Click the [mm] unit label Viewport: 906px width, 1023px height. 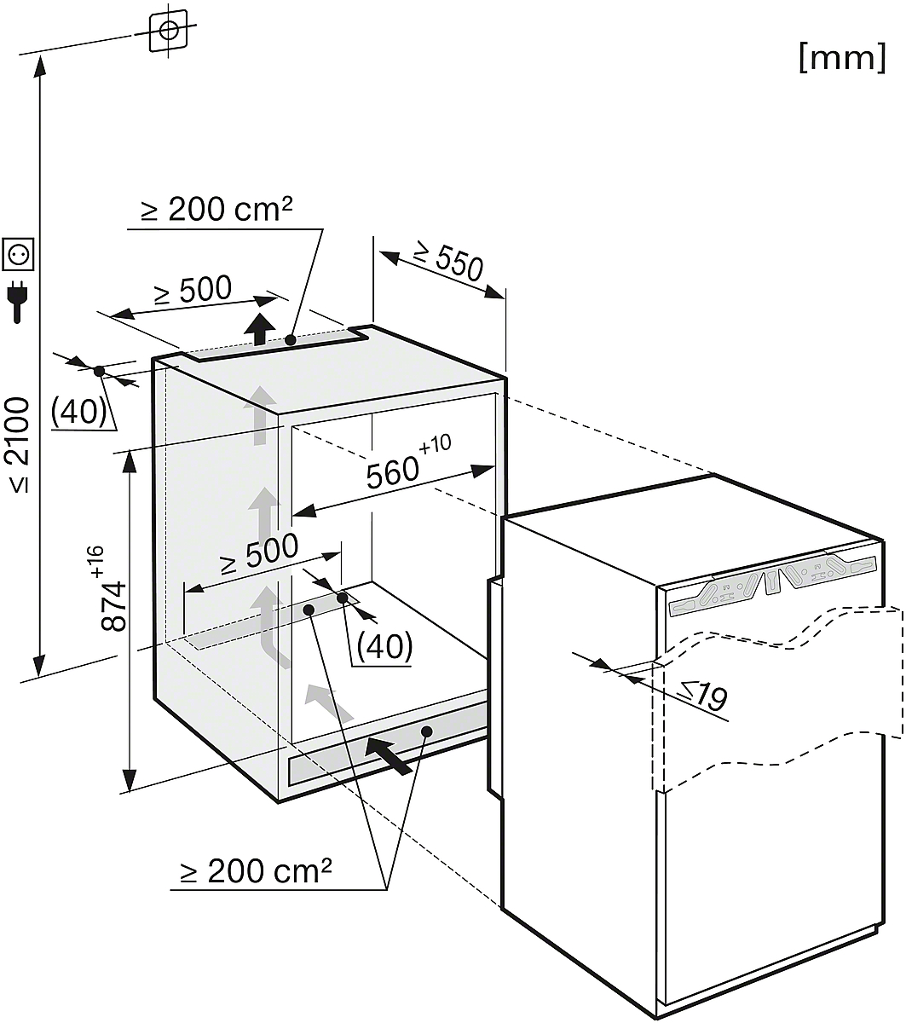coord(842,58)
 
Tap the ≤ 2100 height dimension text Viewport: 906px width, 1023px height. coord(19,443)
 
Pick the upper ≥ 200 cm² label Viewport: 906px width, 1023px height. coord(217,211)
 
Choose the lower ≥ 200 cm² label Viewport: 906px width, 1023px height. coord(256,871)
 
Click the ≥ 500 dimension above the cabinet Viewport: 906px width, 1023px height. coord(193,292)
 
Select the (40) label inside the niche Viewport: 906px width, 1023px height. coord(384,645)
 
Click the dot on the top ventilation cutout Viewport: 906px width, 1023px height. coord(291,339)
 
